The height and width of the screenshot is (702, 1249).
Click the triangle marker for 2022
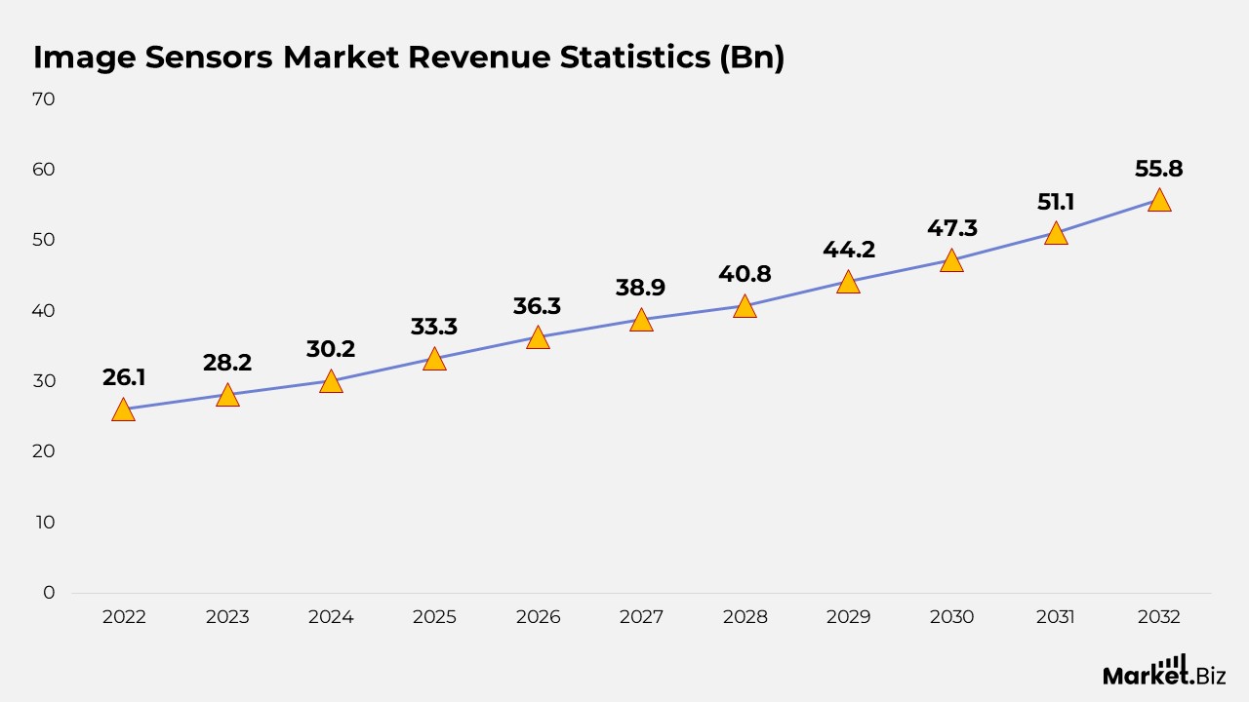pyautogui.click(x=123, y=409)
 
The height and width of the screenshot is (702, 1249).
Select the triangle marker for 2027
pyautogui.click(x=641, y=321)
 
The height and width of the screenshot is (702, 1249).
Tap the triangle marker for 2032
pyautogui.click(x=1158, y=201)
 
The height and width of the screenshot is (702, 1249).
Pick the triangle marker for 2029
pyautogui.click(x=848, y=283)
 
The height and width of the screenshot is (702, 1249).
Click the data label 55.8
pyautogui.click(x=1158, y=169)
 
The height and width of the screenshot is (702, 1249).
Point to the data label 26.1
pyautogui.click(x=124, y=377)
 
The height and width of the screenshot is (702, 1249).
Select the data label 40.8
pyautogui.click(x=745, y=274)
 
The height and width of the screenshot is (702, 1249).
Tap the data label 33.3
pyautogui.click(x=434, y=327)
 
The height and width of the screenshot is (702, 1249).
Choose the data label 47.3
pyautogui.click(x=951, y=228)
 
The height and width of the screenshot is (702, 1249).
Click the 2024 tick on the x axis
pyautogui.click(x=331, y=617)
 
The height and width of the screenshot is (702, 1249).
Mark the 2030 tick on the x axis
pyautogui.click(x=951, y=617)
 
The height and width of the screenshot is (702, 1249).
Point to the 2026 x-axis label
pyautogui.click(x=538, y=617)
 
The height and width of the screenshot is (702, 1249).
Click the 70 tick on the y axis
pyautogui.click(x=43, y=98)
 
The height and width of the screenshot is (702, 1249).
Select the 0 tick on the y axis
pyautogui.click(x=49, y=593)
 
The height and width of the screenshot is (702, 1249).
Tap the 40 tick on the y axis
pyautogui.click(x=43, y=310)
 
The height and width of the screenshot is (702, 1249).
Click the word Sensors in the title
pyautogui.click(x=209, y=58)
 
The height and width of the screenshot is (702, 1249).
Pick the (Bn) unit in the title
pyautogui.click(x=750, y=58)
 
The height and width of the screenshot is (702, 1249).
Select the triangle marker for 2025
pyautogui.click(x=434, y=360)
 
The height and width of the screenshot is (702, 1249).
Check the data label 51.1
pyautogui.click(x=1055, y=202)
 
